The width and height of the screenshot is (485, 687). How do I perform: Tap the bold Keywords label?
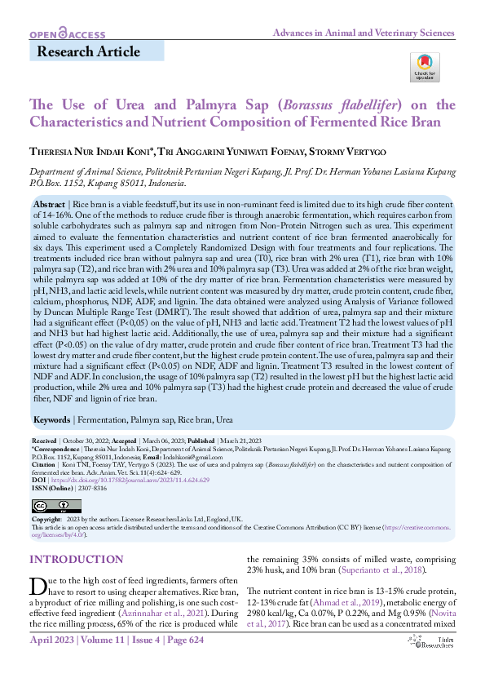tap(53, 419)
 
